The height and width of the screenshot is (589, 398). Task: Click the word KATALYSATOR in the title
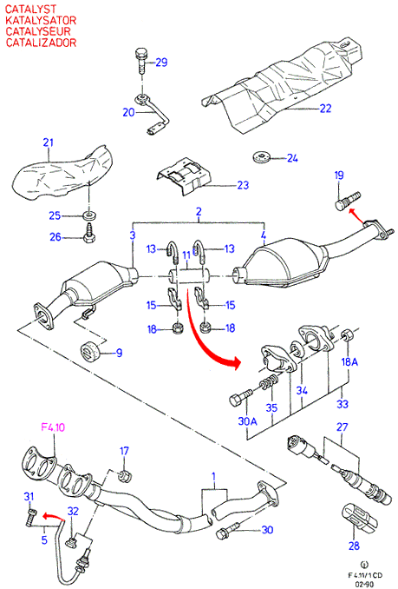coord(41,20)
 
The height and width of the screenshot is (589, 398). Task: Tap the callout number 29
coord(161,62)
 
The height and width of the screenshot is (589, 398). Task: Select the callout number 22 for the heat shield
coord(326,109)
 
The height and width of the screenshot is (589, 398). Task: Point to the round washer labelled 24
coord(261,156)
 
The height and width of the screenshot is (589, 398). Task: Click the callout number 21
coord(48,142)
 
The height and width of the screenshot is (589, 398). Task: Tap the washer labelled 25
coord(89,215)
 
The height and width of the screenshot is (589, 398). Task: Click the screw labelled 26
coord(89,233)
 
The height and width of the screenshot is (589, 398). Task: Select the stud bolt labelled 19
coord(348,201)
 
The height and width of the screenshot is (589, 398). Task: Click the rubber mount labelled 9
coord(90,350)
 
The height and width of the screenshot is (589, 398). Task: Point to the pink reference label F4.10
coord(53,427)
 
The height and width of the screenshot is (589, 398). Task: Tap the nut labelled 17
coord(124,477)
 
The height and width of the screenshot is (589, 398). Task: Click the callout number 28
coord(354,546)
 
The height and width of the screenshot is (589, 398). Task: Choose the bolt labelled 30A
coord(241,397)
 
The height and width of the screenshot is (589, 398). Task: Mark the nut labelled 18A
coord(346,334)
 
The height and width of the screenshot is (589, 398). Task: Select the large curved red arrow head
coord(233,362)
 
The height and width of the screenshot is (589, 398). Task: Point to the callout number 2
coord(199,211)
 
